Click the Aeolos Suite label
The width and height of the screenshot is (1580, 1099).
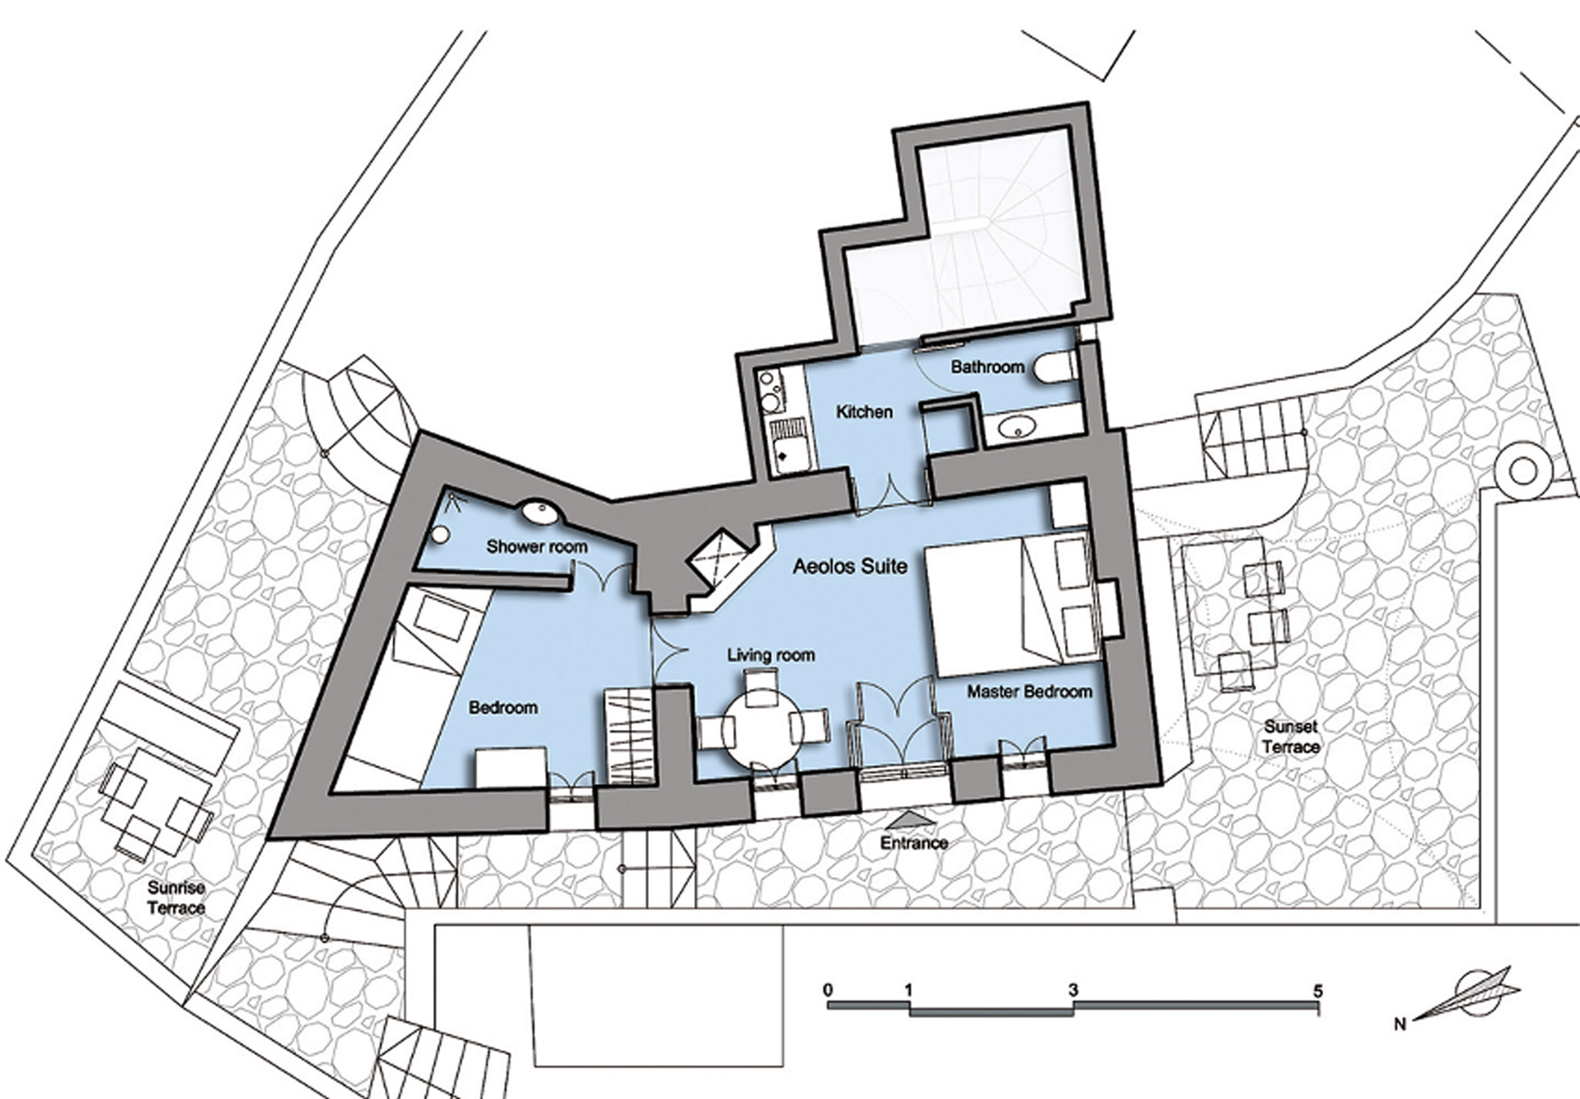coord(850,567)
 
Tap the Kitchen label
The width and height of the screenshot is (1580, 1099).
coord(864,412)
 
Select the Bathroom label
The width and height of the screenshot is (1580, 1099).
coord(987,367)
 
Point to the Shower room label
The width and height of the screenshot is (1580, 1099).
coord(537,548)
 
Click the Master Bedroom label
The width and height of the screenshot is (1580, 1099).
coord(1030,692)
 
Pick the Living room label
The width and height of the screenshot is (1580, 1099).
coord(771,656)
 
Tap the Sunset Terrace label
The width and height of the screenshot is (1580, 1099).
coord(1291,737)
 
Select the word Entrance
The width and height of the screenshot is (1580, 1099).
coord(914,843)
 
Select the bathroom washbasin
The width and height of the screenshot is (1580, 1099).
coord(1018,426)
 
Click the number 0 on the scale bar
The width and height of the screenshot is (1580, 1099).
coord(828,989)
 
